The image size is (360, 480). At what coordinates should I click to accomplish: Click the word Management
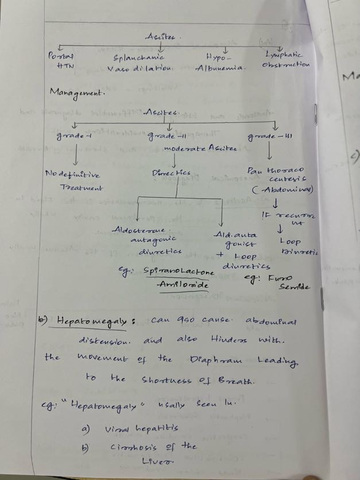tap(75, 92)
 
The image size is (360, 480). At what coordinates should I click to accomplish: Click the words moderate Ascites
tap(199, 148)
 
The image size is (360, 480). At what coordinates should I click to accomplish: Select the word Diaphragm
tap(216, 359)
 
